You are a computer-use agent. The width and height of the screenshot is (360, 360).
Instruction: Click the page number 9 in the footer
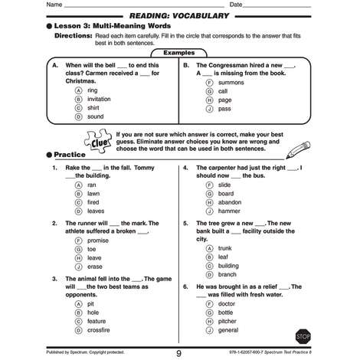tap(178, 353)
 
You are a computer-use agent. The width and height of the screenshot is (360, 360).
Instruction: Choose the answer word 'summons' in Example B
tap(231, 81)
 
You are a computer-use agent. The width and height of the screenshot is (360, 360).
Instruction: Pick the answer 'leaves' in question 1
tap(96, 211)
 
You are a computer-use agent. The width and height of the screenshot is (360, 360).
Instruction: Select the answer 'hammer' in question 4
tap(229, 211)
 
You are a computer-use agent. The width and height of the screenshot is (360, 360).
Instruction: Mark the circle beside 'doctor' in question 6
tap(209, 303)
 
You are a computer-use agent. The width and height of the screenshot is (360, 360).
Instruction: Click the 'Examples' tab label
tap(179, 52)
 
